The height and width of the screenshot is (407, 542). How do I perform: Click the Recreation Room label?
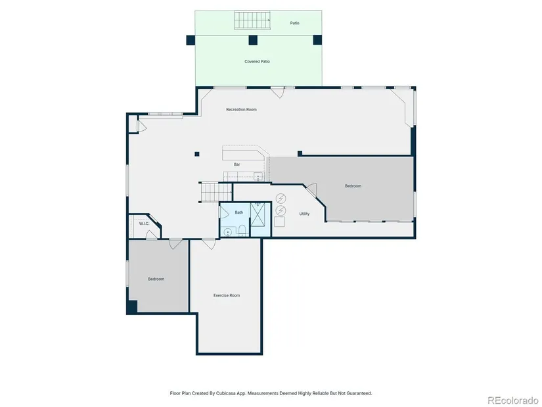click(x=241, y=109)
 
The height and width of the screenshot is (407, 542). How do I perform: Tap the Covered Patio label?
click(x=257, y=62)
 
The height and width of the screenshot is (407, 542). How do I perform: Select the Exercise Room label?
click(x=227, y=296)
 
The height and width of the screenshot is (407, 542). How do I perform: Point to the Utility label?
click(x=304, y=214)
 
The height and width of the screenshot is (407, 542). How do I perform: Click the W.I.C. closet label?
click(x=144, y=224)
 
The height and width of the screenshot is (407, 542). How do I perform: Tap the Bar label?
click(x=237, y=165)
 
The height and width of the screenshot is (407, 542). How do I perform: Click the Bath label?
click(x=239, y=212)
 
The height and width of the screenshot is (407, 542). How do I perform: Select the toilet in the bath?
click(x=242, y=230)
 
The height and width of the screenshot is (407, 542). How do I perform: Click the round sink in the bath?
click(x=228, y=232)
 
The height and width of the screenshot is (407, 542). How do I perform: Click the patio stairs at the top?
click(x=253, y=20)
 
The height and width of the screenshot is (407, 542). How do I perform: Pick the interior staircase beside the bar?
click(x=216, y=192)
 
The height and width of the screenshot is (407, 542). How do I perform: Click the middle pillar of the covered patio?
click(x=253, y=40)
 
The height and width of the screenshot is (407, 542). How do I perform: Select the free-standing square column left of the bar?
click(x=197, y=154)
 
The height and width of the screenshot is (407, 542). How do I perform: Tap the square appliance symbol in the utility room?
click(x=279, y=222)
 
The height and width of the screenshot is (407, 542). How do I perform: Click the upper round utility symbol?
click(x=281, y=199)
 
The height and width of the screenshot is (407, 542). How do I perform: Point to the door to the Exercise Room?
click(x=208, y=243)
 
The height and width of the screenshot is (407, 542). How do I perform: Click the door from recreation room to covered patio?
click(x=277, y=92)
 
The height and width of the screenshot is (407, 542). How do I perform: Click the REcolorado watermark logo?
click(x=512, y=400)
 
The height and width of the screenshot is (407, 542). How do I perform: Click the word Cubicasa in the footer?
click(x=223, y=393)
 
